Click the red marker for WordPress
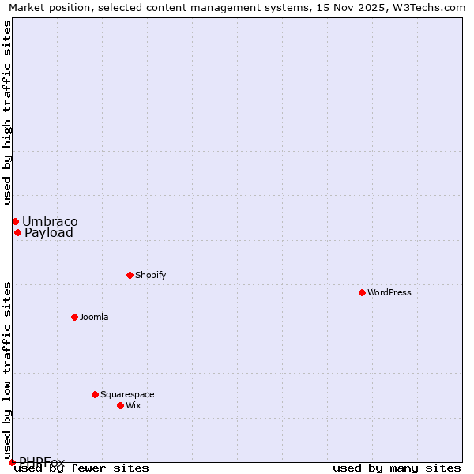point(362,292)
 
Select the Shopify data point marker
point(130,275)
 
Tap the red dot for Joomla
point(74,317)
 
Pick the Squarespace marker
point(95,394)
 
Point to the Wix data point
point(120,405)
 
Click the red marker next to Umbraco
point(15,221)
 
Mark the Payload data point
point(17,232)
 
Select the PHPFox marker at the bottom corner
point(12,462)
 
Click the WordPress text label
point(389,292)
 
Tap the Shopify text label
point(150,275)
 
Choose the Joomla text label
point(94,317)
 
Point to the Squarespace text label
point(127,394)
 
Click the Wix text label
point(133,405)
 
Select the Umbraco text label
point(50,221)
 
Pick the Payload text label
point(49,232)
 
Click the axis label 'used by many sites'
point(397,468)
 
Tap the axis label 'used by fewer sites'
point(82,468)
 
